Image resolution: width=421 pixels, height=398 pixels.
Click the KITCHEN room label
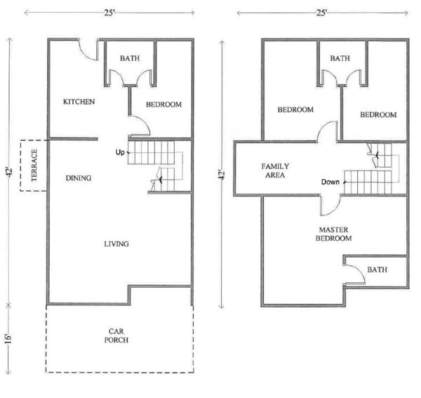(x=79, y=102)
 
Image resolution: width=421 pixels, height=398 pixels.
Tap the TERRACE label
(x=34, y=166)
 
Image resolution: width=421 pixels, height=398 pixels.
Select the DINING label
(x=79, y=178)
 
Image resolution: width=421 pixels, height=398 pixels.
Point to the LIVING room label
(x=116, y=244)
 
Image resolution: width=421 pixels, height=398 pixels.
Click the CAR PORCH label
(x=116, y=336)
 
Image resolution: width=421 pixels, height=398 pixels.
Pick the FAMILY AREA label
(x=275, y=171)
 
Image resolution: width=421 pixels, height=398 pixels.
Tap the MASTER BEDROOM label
(x=333, y=234)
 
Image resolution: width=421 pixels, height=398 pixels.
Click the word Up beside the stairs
(x=120, y=152)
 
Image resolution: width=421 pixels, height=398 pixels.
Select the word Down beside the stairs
(x=330, y=182)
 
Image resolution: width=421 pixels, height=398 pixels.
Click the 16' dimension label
(x=8, y=339)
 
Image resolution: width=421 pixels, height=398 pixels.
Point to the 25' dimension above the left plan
(x=109, y=13)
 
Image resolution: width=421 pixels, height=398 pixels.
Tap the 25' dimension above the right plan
(x=321, y=13)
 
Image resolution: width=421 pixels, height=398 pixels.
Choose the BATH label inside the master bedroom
(x=377, y=270)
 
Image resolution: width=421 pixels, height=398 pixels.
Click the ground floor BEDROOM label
(x=163, y=105)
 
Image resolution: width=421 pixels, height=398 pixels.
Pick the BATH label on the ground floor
(x=130, y=58)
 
